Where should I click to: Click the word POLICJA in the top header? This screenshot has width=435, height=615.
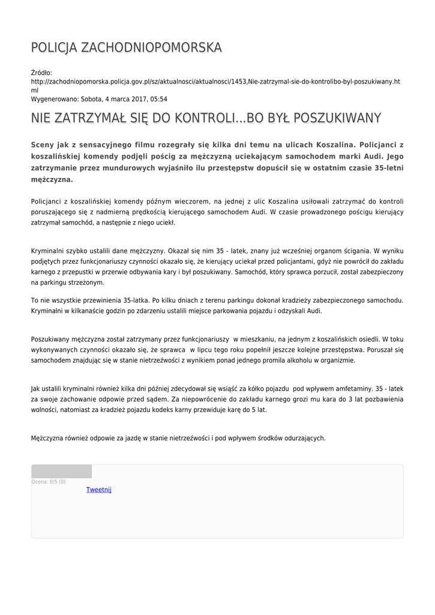coord(54,47)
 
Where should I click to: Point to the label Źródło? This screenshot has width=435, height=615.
coord(41,73)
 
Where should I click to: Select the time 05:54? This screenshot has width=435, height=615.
coord(159,99)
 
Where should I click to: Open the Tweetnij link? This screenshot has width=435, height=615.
coord(99,489)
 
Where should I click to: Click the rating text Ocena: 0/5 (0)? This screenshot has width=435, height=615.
coord(49,482)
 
